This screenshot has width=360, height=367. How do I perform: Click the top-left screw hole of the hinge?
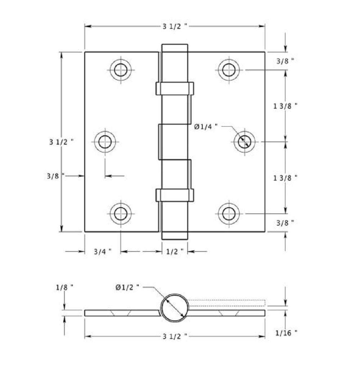(121, 70)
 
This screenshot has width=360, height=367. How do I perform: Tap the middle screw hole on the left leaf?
(105, 142)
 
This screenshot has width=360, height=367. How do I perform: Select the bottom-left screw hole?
(121, 214)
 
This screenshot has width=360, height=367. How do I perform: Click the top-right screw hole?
(229, 70)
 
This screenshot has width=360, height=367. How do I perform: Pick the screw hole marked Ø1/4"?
(244, 142)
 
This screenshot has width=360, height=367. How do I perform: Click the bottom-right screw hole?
(229, 214)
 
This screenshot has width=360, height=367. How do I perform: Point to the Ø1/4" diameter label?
(206, 127)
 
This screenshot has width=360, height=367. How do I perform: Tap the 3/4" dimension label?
(103, 252)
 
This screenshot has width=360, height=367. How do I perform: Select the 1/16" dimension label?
(287, 333)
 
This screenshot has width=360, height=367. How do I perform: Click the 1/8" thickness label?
(65, 287)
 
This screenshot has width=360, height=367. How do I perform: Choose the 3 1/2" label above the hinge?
(175, 26)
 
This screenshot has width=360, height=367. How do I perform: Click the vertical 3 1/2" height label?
(61, 142)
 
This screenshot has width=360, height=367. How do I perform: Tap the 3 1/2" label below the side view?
(175, 336)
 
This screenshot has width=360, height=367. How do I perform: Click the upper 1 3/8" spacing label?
(285, 106)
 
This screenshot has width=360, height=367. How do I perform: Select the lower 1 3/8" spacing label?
(285, 177)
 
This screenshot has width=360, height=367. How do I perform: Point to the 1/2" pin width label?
(175, 252)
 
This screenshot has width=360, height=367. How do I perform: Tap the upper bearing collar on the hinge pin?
(175, 89)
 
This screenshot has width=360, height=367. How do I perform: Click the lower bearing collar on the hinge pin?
(175, 195)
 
